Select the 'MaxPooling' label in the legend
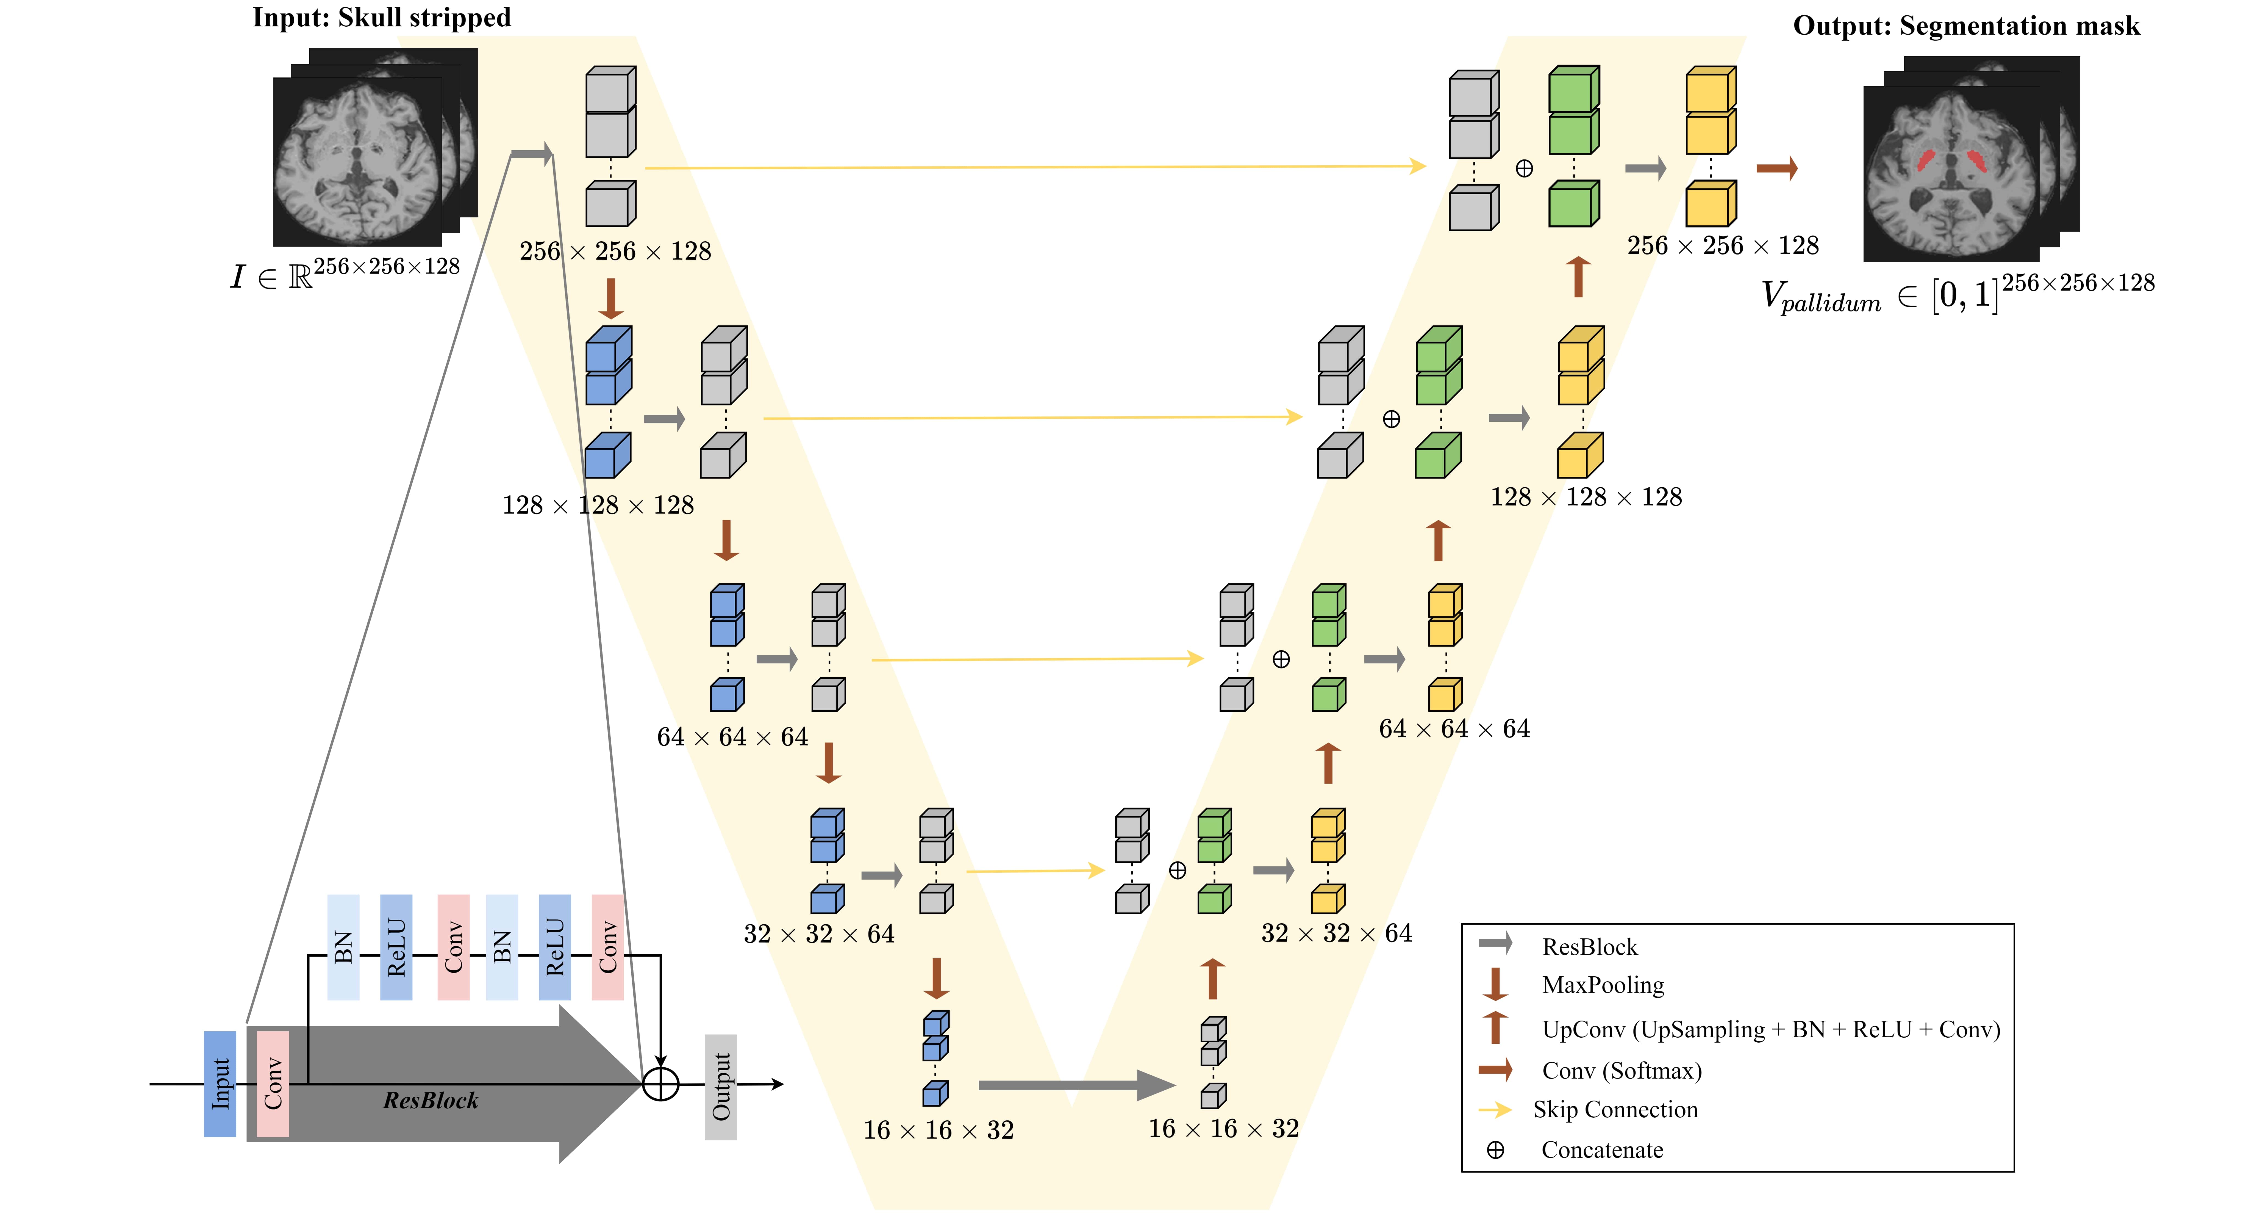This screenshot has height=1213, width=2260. point(1603,985)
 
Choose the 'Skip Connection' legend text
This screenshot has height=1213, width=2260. point(1615,1109)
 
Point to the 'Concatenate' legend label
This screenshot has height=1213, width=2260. point(1602,1150)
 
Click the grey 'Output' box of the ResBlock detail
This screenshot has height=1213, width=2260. point(720,1087)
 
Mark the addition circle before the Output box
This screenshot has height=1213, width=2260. point(661,1084)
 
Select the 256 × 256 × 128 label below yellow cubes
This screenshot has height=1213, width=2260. point(1722,246)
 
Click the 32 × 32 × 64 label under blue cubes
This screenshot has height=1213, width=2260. point(818,934)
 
